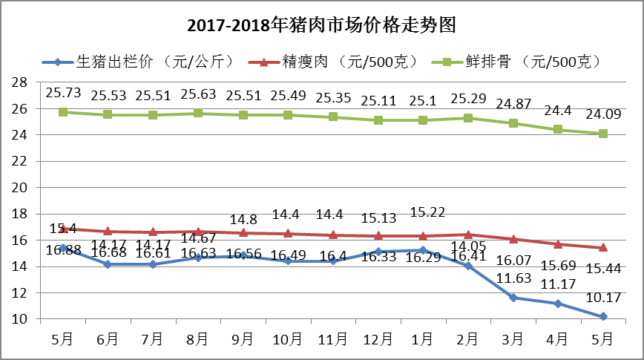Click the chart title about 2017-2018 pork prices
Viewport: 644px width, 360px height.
point(321,26)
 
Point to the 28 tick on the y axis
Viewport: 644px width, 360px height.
point(21,82)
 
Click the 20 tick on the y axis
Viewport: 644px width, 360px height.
point(21,187)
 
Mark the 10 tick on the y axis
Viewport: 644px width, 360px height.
point(21,319)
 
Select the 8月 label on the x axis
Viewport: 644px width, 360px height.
point(198,339)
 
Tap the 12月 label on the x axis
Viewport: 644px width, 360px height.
point(378,339)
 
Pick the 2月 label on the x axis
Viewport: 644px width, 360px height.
point(468,339)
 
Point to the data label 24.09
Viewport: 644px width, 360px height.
point(604,115)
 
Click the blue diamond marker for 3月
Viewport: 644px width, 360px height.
point(513,298)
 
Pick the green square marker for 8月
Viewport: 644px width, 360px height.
point(198,114)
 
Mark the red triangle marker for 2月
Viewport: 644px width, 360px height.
point(468,235)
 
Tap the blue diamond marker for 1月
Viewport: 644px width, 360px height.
point(423,250)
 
